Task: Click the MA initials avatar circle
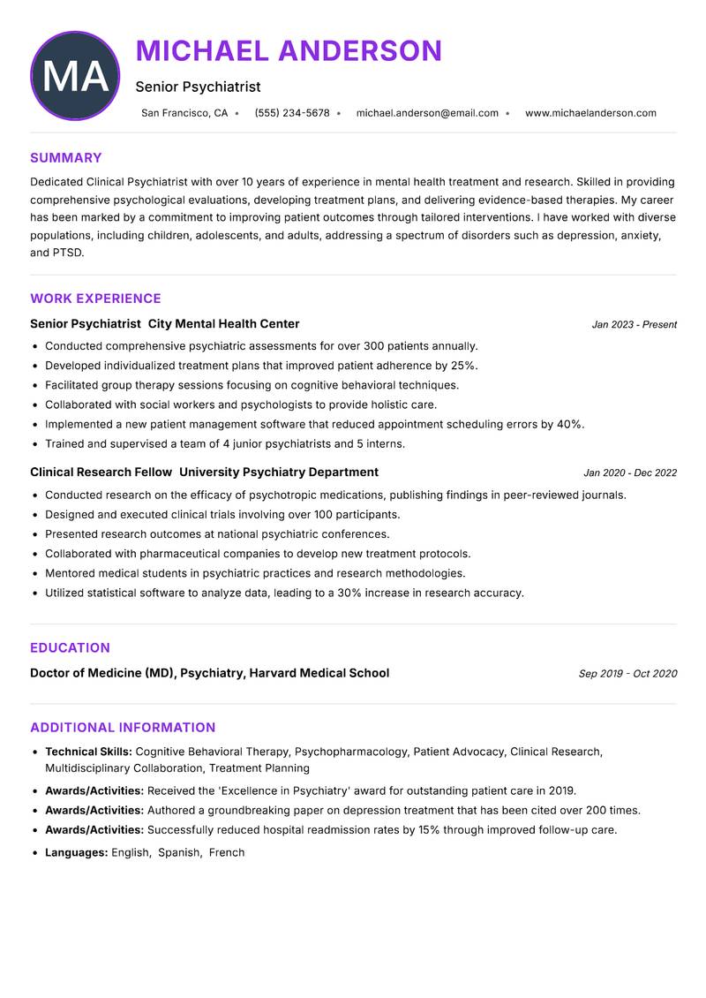[75, 76]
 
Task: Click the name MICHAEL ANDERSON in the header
[289, 51]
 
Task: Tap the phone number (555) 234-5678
[292, 113]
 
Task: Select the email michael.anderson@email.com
[427, 113]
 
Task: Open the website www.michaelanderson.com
[590, 113]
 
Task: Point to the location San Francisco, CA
[184, 113]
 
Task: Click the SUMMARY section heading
[66, 158]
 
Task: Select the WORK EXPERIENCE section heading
[95, 299]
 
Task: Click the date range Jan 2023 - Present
[634, 325]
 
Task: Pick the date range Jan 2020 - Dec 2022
[630, 473]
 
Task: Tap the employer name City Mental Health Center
[224, 324]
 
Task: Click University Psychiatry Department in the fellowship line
[279, 473]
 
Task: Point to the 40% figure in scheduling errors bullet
[569, 425]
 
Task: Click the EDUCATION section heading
[70, 647]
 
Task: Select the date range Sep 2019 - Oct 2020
[627, 674]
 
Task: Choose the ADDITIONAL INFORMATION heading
[123, 728]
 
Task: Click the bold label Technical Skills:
[88, 752]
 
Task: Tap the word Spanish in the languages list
[179, 853]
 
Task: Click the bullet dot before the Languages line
[34, 853]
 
